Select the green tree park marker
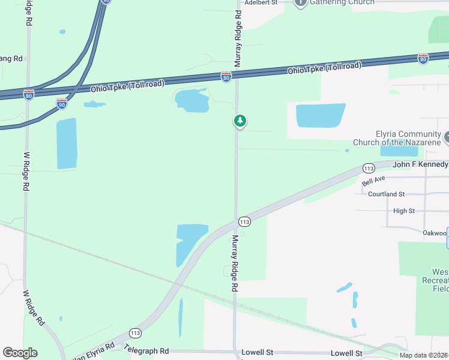tap(240, 121)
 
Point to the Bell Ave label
tap(373, 181)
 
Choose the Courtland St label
tap(387, 194)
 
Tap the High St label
tap(404, 211)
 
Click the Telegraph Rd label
tap(146, 349)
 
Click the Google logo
tap(20, 353)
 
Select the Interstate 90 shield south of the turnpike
tap(62, 104)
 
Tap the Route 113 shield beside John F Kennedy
tap(369, 168)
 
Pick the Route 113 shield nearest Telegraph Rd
tap(135, 332)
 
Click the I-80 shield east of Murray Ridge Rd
tap(423, 58)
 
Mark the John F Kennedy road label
tap(420, 164)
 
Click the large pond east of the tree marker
tap(321, 115)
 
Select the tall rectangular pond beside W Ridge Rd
tap(67, 143)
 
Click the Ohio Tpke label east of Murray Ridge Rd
tap(325, 68)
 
